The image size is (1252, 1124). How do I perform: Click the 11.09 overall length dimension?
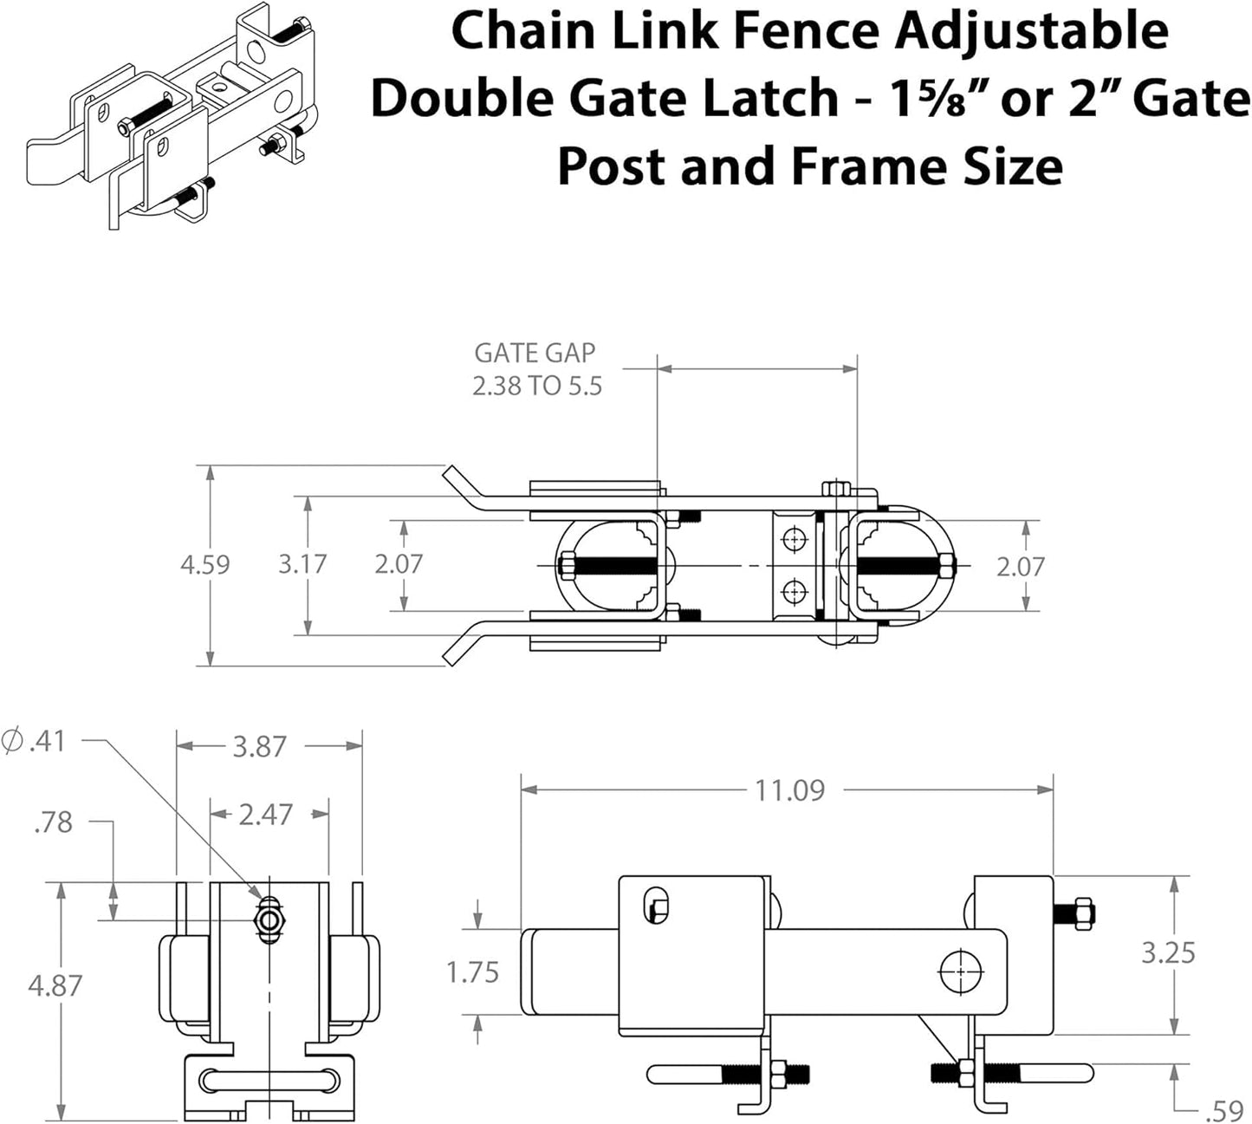click(x=789, y=790)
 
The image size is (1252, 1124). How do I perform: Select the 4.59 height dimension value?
click(x=204, y=565)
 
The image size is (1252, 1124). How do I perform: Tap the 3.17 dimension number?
click(x=302, y=564)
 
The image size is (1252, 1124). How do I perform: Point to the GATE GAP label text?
click(x=535, y=353)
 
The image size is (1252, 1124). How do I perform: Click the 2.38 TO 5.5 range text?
click(x=536, y=386)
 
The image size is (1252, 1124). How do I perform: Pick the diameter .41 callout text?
click(x=35, y=742)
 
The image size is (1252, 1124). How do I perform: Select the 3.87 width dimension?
click(x=259, y=746)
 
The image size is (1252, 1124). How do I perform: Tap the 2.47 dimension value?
click(x=265, y=815)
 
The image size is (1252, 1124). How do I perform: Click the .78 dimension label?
click(x=53, y=822)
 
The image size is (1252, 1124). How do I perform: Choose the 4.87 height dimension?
click(x=55, y=985)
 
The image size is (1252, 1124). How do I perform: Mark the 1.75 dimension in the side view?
click(x=472, y=972)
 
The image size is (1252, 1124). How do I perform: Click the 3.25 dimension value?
click(x=1168, y=952)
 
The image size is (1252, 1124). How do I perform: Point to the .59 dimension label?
click(x=1224, y=1110)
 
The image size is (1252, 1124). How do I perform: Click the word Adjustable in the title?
click(x=1030, y=31)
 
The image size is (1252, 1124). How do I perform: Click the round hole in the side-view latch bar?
click(x=959, y=972)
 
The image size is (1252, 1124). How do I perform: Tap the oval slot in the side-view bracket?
click(x=658, y=906)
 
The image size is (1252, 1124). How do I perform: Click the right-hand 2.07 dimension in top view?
click(x=1020, y=567)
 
